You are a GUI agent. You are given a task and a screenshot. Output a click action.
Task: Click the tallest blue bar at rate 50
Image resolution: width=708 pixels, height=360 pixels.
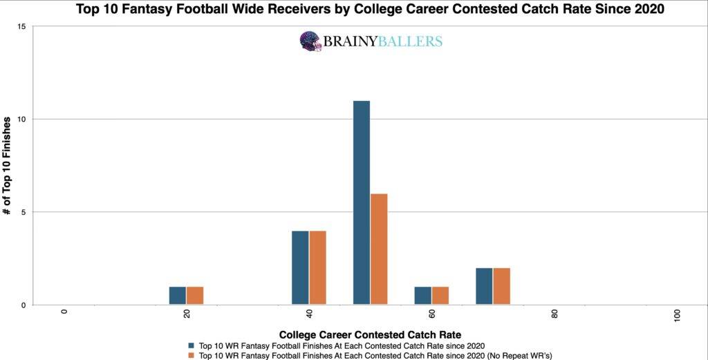pyautogui.click(x=362, y=202)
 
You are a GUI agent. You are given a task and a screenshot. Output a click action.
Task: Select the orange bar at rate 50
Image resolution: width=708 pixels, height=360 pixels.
pyautogui.click(x=379, y=249)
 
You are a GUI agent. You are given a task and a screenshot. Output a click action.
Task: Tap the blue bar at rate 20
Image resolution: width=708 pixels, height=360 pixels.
pyautogui.click(x=178, y=295)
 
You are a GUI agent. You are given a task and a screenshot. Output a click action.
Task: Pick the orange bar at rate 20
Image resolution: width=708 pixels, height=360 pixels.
pyautogui.click(x=195, y=295)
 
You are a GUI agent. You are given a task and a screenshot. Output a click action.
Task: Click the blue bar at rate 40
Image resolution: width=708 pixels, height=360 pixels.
pyautogui.click(x=300, y=267)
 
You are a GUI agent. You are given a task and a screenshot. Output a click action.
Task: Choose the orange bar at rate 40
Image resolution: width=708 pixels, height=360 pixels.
pyautogui.click(x=317, y=267)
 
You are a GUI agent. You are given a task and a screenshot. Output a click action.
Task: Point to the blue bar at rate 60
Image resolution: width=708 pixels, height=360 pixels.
pyautogui.click(x=423, y=295)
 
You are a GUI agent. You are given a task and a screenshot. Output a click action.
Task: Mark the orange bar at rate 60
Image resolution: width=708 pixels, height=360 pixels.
pyautogui.click(x=440, y=295)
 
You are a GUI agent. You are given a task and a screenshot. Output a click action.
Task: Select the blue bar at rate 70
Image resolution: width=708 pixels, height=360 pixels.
pyautogui.click(x=484, y=286)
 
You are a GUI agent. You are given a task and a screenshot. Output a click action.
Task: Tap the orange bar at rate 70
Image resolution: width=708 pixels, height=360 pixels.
pyautogui.click(x=501, y=286)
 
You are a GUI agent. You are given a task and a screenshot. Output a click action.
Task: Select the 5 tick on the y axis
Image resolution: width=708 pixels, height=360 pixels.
pyautogui.click(x=24, y=212)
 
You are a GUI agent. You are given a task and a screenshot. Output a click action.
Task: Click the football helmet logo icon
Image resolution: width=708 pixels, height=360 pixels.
pyautogui.click(x=310, y=41)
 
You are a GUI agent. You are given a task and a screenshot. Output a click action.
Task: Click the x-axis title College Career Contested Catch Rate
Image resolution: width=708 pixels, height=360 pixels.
pyautogui.click(x=370, y=334)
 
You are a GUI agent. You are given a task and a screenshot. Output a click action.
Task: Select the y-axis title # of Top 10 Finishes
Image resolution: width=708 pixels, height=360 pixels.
pyautogui.click(x=7, y=166)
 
